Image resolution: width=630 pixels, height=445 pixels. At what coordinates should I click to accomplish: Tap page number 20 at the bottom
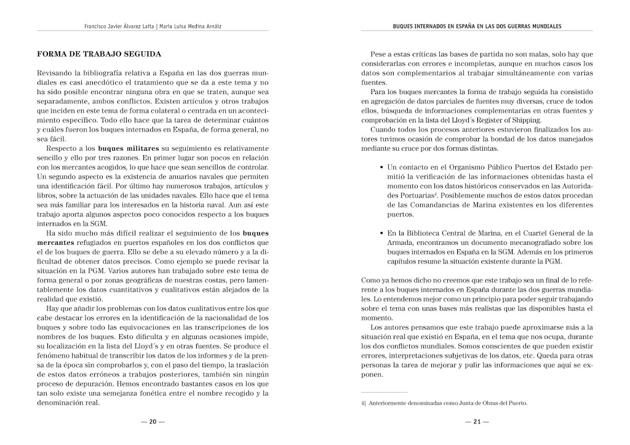[153, 422]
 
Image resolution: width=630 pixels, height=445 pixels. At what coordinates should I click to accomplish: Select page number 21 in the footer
[477, 422]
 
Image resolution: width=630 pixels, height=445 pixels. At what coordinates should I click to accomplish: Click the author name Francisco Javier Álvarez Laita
[119, 26]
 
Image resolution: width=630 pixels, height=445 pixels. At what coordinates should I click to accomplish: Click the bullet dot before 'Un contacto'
[381, 167]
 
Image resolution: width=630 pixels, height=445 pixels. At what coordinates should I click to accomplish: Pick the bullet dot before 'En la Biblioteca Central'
[381, 233]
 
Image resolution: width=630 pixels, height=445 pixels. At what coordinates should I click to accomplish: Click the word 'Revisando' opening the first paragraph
[55, 73]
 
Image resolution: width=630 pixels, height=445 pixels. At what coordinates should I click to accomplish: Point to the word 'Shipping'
[523, 120]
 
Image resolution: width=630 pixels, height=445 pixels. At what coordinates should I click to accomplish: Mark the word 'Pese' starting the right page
[379, 54]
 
